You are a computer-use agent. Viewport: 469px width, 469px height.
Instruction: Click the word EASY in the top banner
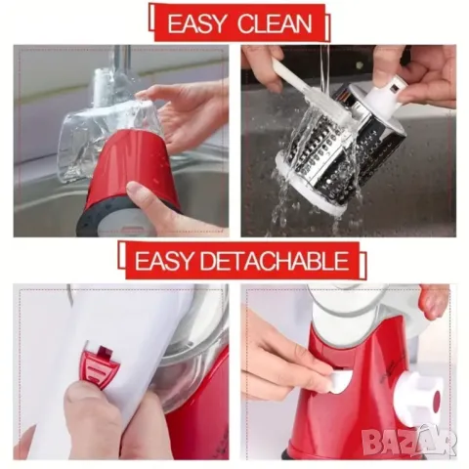click(x=197, y=23)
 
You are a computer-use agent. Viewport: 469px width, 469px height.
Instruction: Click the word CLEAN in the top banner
click(x=275, y=23)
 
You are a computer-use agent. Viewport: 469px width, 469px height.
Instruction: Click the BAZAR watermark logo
click(x=408, y=441)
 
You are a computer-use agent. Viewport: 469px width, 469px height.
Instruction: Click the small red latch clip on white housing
click(x=99, y=367)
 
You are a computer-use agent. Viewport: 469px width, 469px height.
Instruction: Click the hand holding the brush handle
click(x=263, y=65)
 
